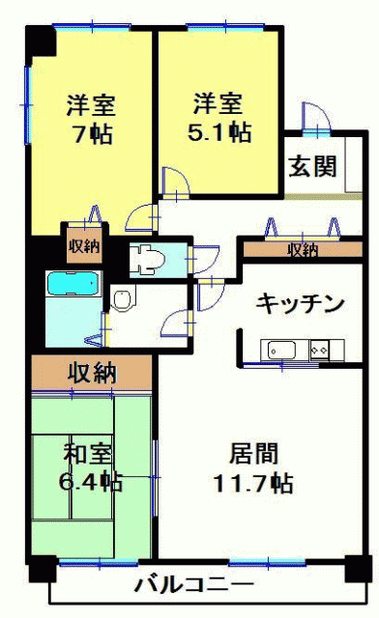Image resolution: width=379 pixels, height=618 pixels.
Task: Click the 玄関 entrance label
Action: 313,166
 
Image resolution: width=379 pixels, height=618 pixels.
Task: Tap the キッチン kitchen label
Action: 300,304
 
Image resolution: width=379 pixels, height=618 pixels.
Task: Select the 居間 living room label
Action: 254,453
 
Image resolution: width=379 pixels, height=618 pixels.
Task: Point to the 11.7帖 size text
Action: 253,483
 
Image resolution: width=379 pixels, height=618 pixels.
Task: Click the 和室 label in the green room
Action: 88,453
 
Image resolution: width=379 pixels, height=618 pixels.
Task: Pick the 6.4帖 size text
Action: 91,481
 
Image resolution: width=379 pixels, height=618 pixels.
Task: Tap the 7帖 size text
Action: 92,133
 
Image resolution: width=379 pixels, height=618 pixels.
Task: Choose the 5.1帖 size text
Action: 219,131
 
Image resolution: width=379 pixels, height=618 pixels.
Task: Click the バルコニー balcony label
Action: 193,584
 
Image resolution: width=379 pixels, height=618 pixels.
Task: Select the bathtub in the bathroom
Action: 73,284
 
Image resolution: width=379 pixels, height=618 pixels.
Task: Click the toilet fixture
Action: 146,259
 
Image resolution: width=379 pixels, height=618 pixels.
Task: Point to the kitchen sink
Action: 281,350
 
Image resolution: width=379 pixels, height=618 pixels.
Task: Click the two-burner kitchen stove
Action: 319,350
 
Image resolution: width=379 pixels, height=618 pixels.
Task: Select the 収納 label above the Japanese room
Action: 92,373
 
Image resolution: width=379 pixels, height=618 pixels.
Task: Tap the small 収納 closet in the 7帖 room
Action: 84,247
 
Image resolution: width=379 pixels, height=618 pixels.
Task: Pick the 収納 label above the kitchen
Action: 303,250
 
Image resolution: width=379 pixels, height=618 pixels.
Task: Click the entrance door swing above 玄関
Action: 315,117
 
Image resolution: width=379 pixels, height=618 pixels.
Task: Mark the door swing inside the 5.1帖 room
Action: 176,181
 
